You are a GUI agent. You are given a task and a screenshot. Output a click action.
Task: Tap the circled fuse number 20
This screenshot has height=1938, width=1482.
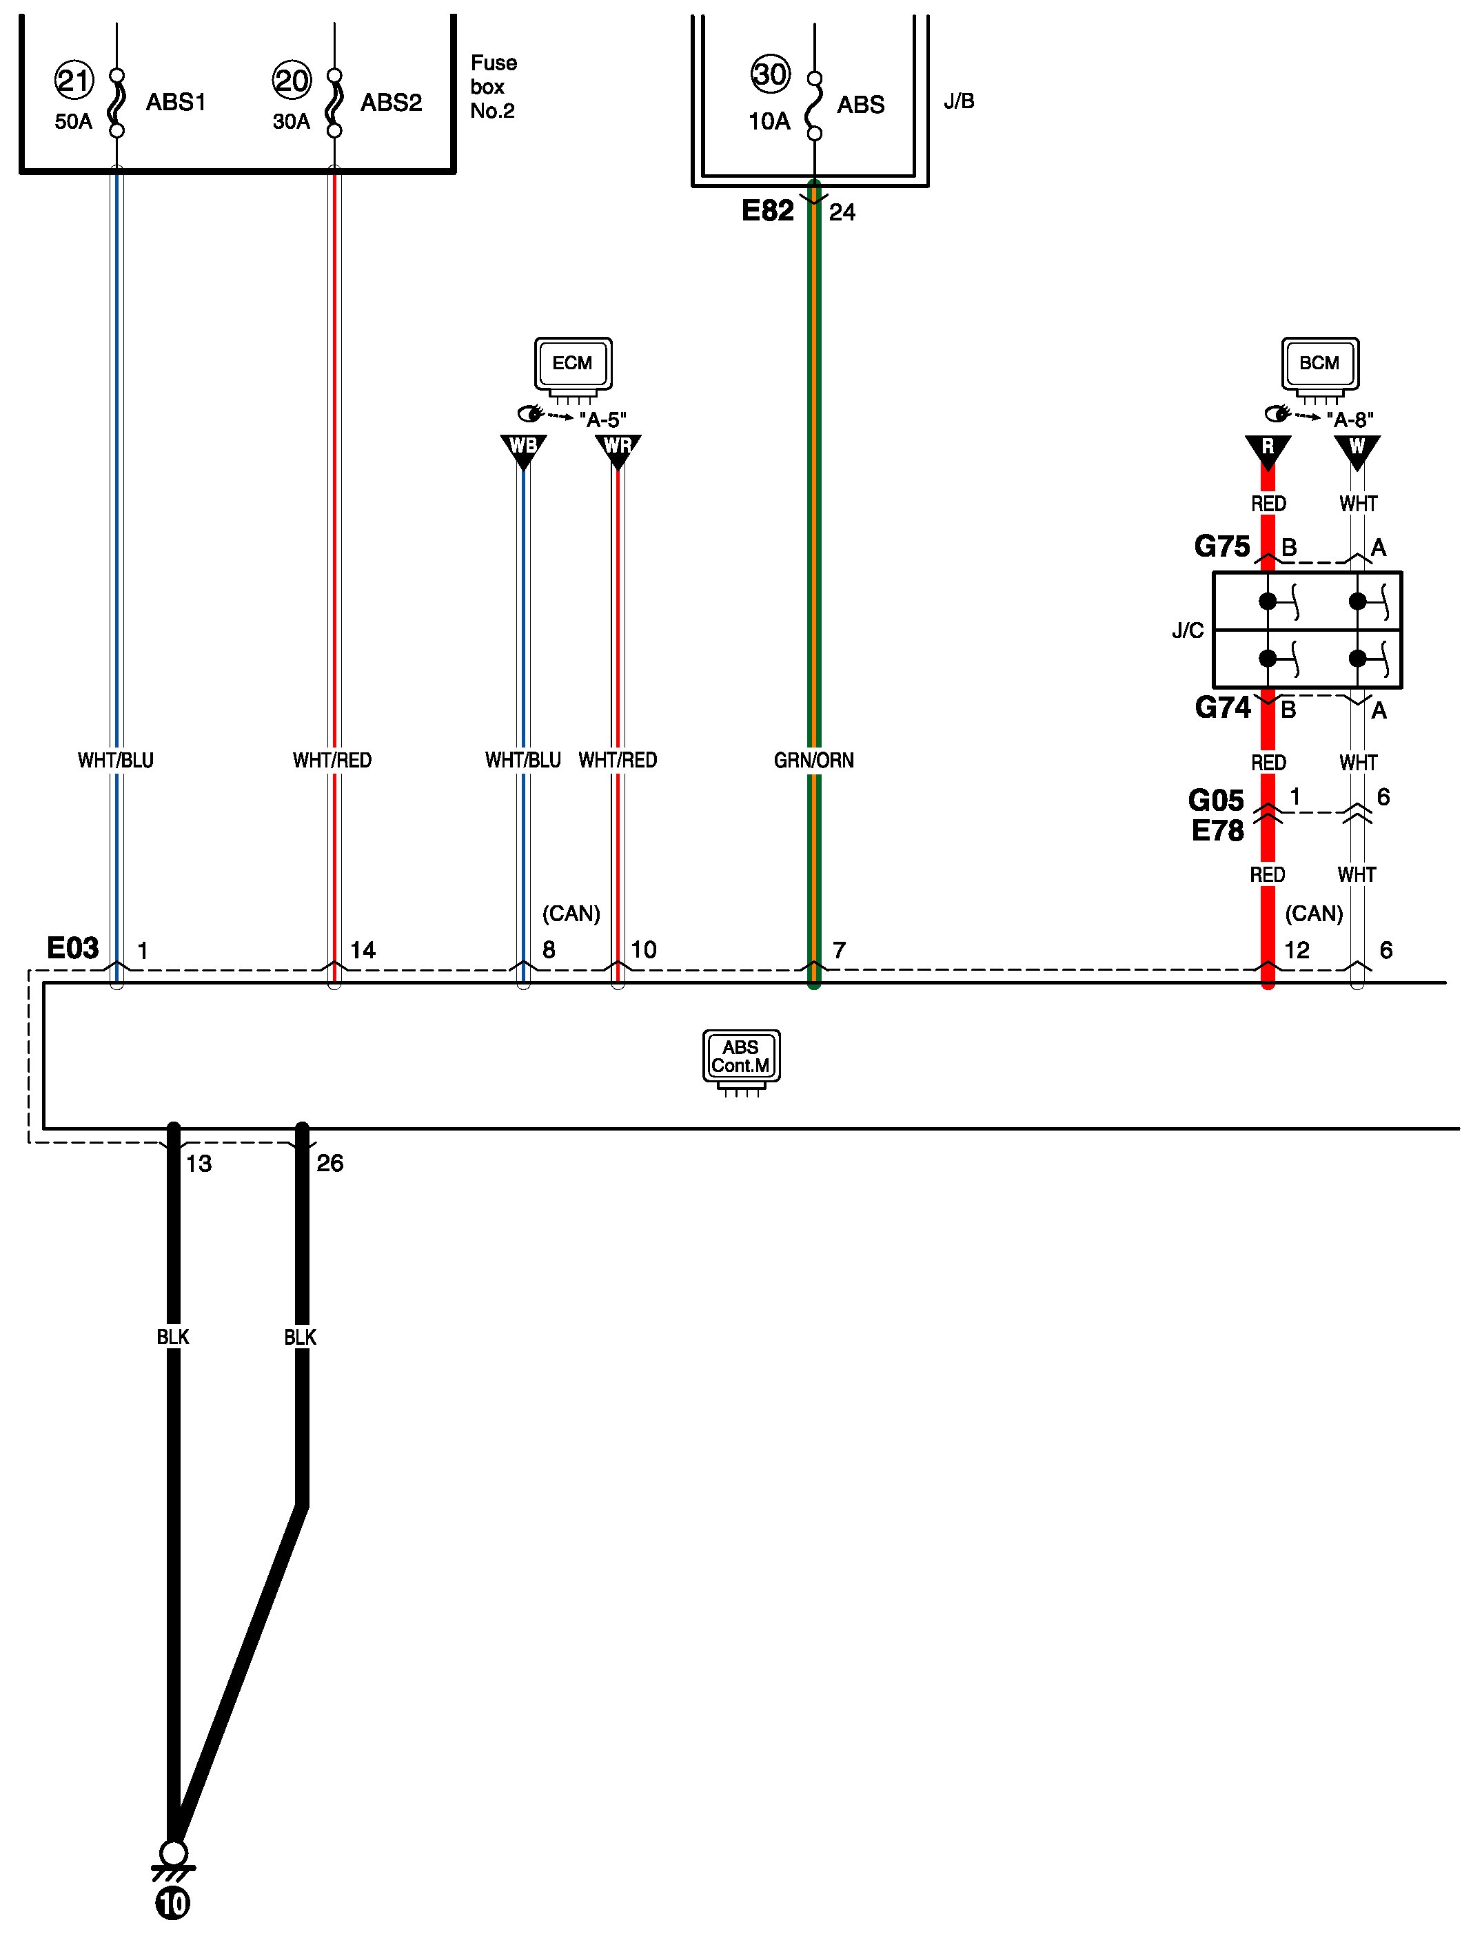(x=291, y=81)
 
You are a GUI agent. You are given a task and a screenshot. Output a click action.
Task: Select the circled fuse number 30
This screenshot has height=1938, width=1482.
(x=770, y=74)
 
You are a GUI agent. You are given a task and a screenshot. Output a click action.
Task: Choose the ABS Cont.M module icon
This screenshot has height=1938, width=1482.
(x=741, y=1058)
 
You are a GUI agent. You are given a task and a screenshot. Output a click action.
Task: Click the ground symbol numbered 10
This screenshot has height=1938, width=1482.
(x=173, y=1904)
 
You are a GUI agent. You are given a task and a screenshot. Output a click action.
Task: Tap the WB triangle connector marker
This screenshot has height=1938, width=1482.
(x=523, y=447)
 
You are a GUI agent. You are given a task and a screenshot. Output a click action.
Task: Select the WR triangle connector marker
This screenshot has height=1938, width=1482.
(x=618, y=447)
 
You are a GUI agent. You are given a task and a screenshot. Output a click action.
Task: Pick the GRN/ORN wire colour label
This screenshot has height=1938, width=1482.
(x=813, y=760)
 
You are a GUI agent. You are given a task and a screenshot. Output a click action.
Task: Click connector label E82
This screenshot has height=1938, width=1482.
(x=767, y=211)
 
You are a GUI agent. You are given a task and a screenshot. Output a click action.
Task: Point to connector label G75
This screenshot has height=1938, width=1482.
(x=1221, y=546)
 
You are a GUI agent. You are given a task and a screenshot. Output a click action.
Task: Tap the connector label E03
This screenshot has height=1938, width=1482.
(x=72, y=948)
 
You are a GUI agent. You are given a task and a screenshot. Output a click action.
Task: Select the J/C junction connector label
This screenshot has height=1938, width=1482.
(x=1188, y=630)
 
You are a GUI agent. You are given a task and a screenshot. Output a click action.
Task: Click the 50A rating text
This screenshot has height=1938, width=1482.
(x=73, y=122)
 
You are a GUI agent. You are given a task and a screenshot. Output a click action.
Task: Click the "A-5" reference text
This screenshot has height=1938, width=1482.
(x=602, y=420)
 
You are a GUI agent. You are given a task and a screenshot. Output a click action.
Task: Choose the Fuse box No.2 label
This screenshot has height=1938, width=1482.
(x=493, y=86)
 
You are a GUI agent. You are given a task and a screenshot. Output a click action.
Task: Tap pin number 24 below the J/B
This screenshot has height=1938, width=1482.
(x=842, y=212)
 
